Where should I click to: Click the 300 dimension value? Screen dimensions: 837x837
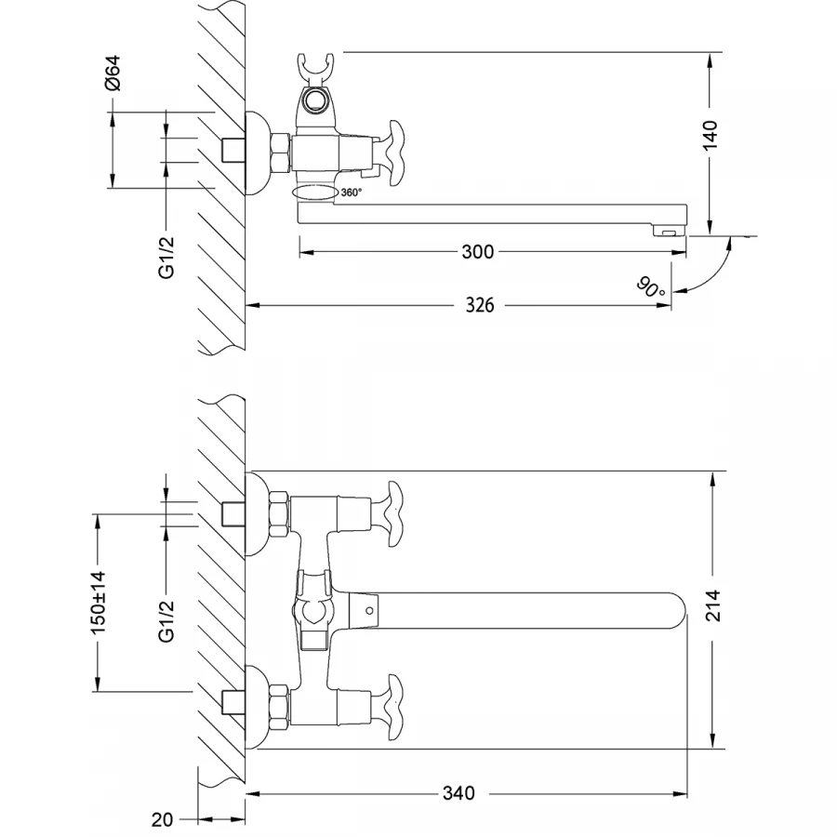pyautogui.click(x=479, y=252)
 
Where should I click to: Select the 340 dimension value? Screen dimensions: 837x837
pyautogui.click(x=458, y=793)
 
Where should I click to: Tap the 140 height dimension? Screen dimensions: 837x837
pyautogui.click(x=710, y=136)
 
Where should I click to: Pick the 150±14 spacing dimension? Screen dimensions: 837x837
pyautogui.click(x=98, y=604)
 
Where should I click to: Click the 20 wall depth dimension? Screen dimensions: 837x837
pyautogui.click(x=162, y=820)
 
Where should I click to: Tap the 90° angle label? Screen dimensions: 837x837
pyautogui.click(x=652, y=286)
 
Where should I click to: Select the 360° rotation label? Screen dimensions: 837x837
pyautogui.click(x=351, y=193)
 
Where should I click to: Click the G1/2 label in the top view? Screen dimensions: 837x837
pyautogui.click(x=166, y=256)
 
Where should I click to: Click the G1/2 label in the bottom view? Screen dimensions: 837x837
pyautogui.click(x=166, y=621)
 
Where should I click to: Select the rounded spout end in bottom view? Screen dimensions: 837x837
pyautogui.click(x=674, y=610)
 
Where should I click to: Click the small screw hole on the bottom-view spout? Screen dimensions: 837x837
pyautogui.click(x=369, y=611)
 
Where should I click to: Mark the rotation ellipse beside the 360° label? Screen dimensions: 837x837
pyautogui.click(x=313, y=193)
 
